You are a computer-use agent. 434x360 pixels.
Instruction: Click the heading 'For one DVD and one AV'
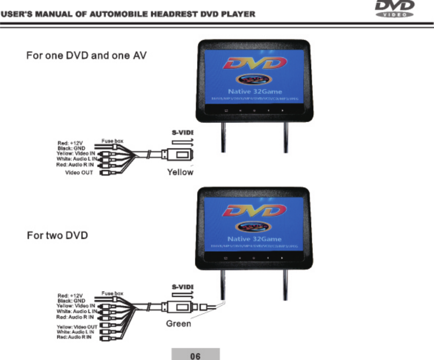point(87,55)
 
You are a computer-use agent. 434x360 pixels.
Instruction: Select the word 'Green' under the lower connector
point(178,324)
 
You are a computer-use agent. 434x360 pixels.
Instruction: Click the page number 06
point(195,354)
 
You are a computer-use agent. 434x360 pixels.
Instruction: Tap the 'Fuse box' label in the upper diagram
point(112,141)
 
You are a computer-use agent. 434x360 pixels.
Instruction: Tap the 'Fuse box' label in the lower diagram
point(113,293)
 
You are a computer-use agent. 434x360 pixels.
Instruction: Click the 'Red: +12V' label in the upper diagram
point(70,143)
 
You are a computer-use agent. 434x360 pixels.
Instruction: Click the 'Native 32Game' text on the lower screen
point(255,237)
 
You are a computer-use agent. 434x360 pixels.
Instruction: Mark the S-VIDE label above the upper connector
point(182,132)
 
